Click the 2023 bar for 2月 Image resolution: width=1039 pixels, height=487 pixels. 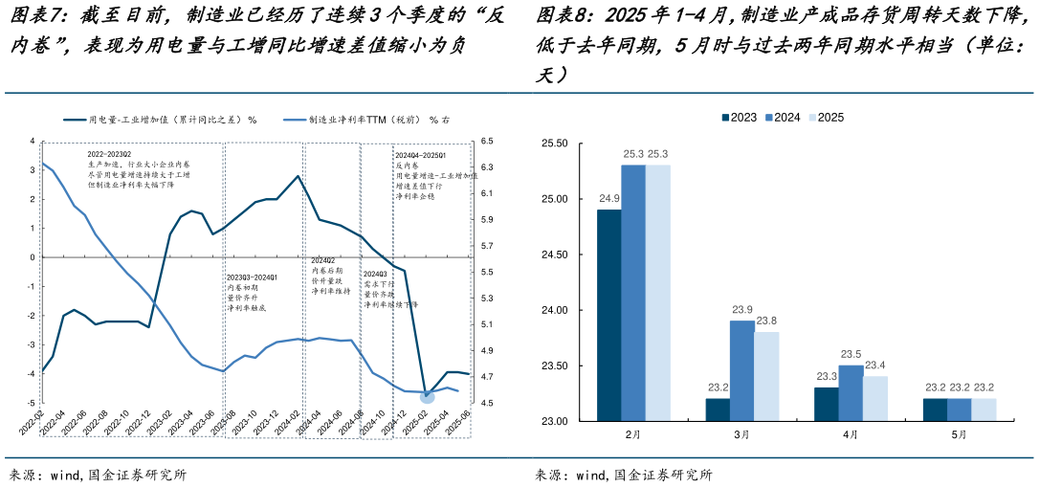click(x=608, y=316)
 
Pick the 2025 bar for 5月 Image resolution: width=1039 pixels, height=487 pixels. click(x=984, y=410)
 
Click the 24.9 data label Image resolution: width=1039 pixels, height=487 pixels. click(x=608, y=199)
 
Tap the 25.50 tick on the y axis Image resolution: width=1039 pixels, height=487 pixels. click(x=555, y=144)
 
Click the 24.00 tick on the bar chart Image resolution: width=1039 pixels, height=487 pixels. click(x=555, y=311)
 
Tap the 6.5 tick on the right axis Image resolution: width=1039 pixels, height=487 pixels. click(x=486, y=141)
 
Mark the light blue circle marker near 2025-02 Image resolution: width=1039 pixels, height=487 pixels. click(x=427, y=395)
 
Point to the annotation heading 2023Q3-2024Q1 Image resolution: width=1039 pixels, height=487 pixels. click(x=252, y=277)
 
